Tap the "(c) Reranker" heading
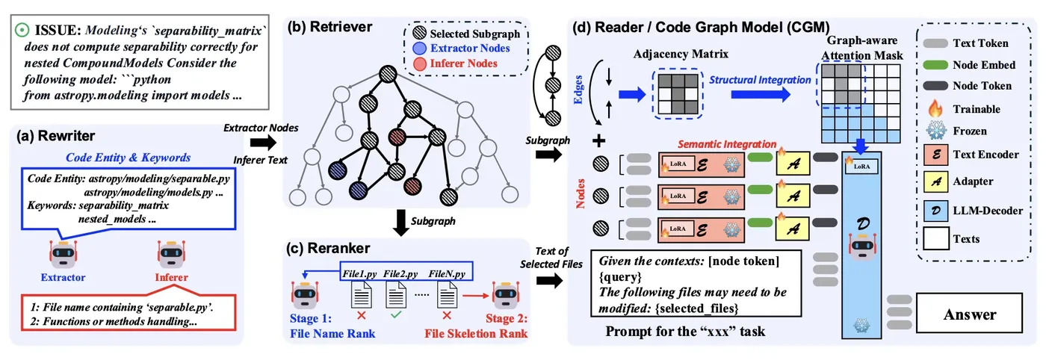(329, 247)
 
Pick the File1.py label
(361, 273)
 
